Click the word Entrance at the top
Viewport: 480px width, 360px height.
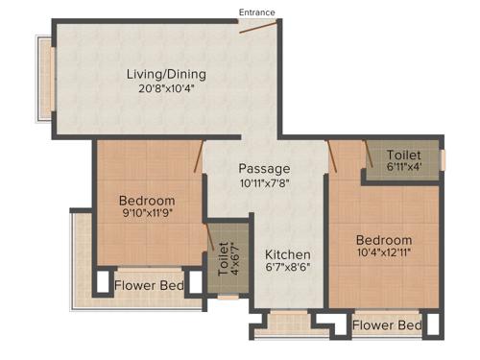257,12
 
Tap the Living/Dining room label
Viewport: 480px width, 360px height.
167,74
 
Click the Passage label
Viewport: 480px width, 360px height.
265,169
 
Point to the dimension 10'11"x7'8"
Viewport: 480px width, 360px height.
265,184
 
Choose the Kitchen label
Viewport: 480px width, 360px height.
288,253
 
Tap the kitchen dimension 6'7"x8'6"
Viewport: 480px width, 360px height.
288,269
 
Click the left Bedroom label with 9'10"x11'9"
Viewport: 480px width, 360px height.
147,201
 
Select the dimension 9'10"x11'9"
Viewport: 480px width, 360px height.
147,216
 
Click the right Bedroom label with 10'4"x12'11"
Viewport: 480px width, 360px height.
384,239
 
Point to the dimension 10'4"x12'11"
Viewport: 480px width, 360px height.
384,255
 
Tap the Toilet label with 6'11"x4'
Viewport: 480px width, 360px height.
403,155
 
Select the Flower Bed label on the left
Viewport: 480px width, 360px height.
150,285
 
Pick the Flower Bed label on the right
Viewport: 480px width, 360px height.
386,325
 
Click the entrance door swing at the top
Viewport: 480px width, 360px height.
253,28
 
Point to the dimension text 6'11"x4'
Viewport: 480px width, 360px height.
403,170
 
